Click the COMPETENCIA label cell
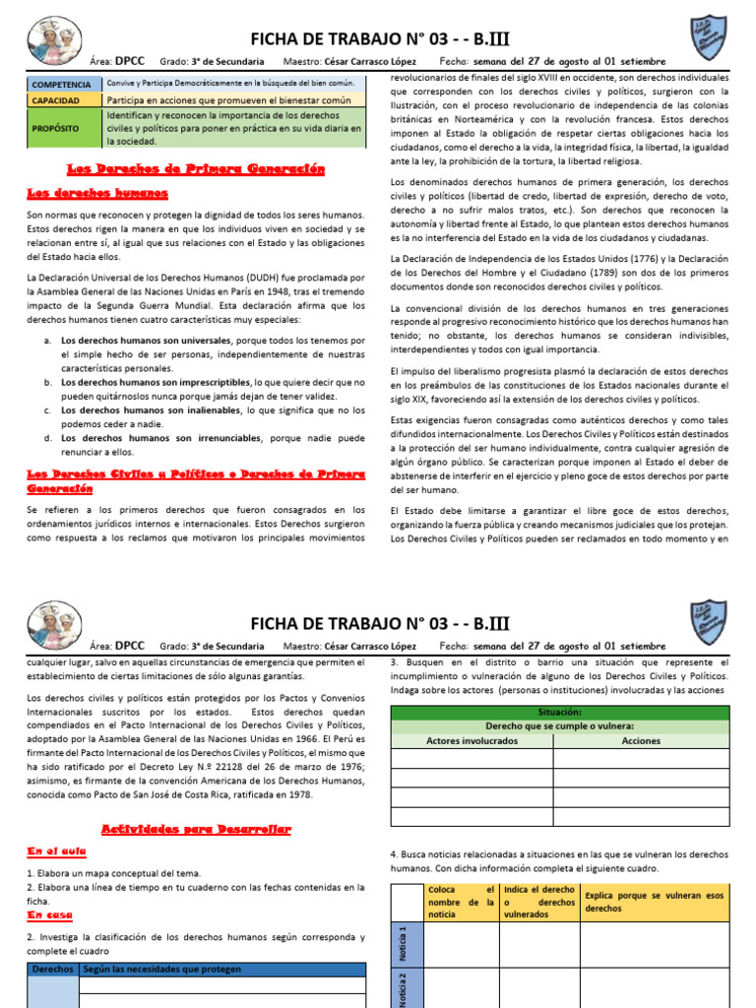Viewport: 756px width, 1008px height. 62,85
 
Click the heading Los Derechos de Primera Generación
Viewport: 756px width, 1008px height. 195,169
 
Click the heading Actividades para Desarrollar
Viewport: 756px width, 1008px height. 196,830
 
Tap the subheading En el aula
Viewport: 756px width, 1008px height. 57,850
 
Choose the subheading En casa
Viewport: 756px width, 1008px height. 52,914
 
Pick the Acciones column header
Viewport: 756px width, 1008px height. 642,740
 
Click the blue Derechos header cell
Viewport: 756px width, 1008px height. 52,970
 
